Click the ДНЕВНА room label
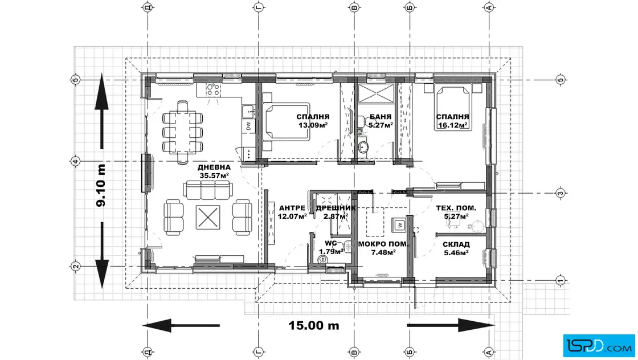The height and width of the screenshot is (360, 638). pos(214,167)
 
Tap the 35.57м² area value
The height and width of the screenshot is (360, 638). pos(214,176)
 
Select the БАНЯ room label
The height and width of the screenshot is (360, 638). pos(381,117)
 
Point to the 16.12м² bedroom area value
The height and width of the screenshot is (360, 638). pos(452,125)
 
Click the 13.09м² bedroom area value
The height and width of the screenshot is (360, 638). pos(313,125)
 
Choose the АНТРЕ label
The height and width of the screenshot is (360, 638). pos(292,208)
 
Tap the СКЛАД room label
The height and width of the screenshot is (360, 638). pos(456,244)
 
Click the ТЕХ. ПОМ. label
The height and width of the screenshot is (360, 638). pos(456,208)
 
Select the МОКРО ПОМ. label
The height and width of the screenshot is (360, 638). pos(383,244)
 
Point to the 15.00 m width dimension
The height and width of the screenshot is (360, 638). pos(314,325)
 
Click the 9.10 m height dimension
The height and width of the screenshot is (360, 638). pos(100,185)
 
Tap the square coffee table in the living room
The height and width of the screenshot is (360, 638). pos(208,217)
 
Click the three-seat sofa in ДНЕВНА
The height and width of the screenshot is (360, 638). pos(208,190)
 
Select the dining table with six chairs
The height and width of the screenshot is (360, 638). pos(183,132)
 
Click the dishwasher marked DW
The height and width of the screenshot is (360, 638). pos(248,126)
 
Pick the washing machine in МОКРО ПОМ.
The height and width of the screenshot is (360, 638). pos(399,224)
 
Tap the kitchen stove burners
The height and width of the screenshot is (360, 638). pos(212,89)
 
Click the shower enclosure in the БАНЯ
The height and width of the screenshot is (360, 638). pos(376,93)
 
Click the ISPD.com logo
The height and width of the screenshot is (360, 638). pos(599,346)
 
